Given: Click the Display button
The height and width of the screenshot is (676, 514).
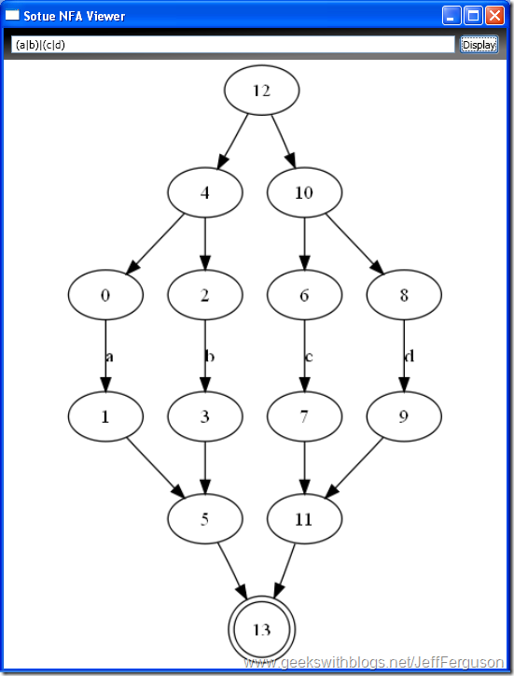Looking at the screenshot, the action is coord(479,45).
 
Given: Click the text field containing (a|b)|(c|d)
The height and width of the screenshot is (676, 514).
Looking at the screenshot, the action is coord(232,45).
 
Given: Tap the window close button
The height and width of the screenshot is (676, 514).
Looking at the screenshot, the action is coord(494,16).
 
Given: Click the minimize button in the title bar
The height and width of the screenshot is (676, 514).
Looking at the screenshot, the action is coord(451,16).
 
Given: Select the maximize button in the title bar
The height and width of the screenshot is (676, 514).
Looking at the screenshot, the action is coord(473,16).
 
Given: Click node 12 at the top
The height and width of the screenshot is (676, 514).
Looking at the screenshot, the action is coord(261,91).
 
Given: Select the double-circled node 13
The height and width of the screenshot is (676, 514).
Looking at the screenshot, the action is coord(261,629).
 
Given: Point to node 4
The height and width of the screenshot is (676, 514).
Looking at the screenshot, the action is coord(205,192).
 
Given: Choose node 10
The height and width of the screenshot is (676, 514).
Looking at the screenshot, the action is coord(305,192).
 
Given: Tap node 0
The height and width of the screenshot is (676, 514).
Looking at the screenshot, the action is coord(105,295).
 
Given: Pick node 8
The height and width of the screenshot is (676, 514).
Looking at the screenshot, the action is coord(404,295).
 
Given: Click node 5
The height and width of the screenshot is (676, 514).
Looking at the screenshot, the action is coord(205,518).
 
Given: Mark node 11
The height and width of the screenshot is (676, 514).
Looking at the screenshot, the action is coord(305,518).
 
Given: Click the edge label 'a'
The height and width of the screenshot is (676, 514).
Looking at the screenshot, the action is coord(109,357).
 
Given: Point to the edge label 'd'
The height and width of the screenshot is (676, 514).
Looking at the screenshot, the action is coord(410,356).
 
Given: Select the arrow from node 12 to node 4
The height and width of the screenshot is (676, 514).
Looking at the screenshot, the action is coord(232,141).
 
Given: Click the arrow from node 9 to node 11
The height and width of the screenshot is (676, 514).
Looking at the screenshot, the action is coord(354,468).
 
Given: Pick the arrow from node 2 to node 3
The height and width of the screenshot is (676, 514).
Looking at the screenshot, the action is coord(205,356).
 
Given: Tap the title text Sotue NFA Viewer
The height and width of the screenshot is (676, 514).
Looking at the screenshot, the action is coord(74,17).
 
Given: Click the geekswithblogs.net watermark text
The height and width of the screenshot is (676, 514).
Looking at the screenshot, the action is coord(374,662).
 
